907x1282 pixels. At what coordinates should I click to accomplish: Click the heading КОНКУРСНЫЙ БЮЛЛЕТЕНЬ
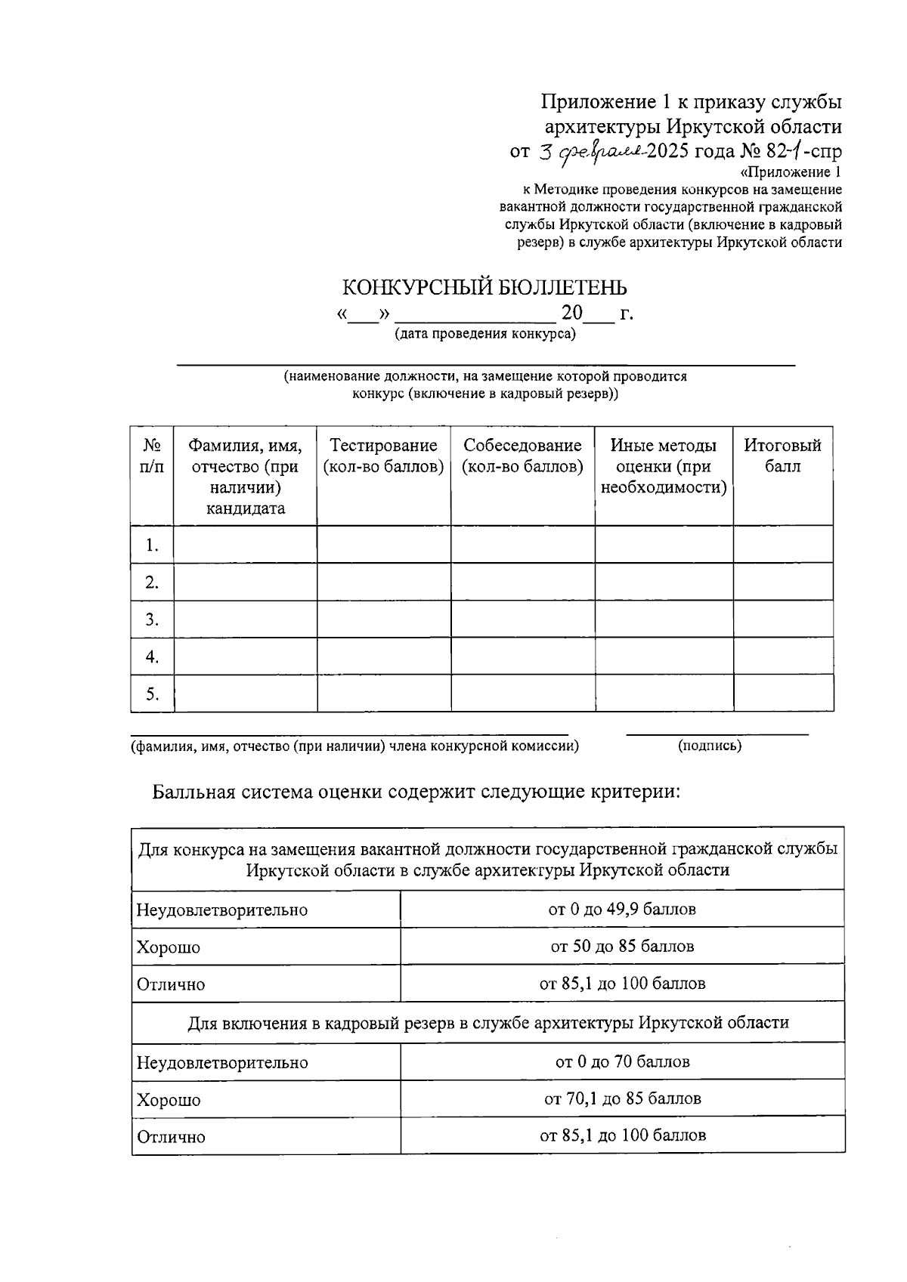click(484, 288)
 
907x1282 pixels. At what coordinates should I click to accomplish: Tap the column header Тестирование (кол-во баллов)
click(383, 456)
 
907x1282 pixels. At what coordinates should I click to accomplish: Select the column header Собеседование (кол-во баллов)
click(522, 456)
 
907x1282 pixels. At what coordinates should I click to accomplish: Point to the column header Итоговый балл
click(782, 456)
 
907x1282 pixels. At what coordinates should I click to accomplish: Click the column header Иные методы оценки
click(663, 466)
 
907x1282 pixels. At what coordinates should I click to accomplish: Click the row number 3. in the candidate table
click(152, 619)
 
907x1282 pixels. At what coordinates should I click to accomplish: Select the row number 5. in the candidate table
click(152, 694)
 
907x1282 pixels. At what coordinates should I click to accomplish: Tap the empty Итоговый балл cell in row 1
click(783, 545)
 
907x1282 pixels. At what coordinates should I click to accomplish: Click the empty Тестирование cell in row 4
click(384, 656)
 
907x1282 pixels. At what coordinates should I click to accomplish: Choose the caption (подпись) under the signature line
click(710, 746)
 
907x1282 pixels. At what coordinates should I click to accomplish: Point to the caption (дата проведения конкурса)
click(484, 334)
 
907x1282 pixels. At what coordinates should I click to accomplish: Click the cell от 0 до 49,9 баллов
click(622, 909)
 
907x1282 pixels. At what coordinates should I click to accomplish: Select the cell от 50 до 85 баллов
click(622, 947)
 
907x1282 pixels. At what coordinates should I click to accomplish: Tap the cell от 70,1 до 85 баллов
click(622, 1098)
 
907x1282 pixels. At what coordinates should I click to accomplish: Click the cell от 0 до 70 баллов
click(622, 1061)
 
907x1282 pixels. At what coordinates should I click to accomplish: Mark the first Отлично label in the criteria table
click(171, 984)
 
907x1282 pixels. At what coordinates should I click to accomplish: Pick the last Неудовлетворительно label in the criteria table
click(222, 1062)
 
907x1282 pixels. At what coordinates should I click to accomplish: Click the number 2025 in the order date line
click(668, 151)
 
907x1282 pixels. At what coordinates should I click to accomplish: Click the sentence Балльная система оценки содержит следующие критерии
click(416, 792)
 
